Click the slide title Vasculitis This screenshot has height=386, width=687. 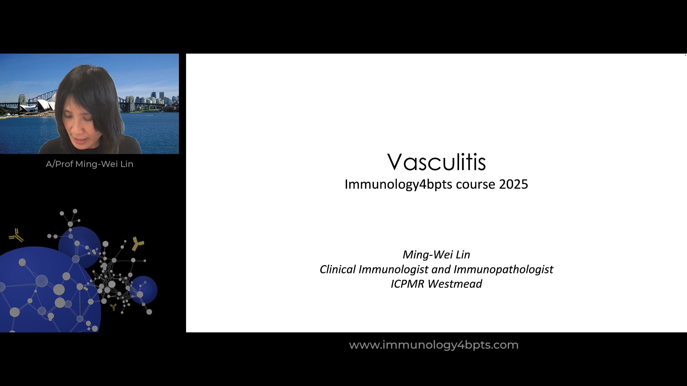[x=436, y=162]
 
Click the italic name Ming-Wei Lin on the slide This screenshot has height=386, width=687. [x=436, y=254]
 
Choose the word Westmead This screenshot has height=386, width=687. [x=455, y=284]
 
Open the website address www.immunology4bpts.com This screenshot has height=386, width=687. [x=434, y=345]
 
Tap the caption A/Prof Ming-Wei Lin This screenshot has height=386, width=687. [x=89, y=164]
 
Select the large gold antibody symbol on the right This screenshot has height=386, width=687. [x=137, y=244]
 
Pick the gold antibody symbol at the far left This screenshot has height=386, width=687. [x=16, y=235]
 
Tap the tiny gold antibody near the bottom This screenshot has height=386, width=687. [x=113, y=307]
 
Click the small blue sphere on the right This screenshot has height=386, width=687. [x=144, y=289]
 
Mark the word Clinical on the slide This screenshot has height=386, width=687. [x=338, y=269]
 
